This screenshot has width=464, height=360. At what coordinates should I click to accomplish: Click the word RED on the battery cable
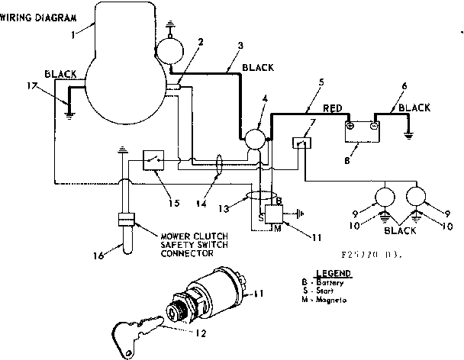pos(333,109)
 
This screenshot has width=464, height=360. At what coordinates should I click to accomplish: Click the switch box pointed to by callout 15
pos(156,160)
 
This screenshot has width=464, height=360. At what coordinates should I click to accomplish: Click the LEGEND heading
pos(333,273)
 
